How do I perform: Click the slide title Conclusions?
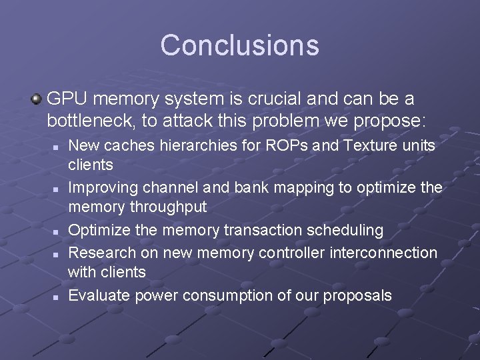[239, 45]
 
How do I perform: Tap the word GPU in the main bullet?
[65, 99]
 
